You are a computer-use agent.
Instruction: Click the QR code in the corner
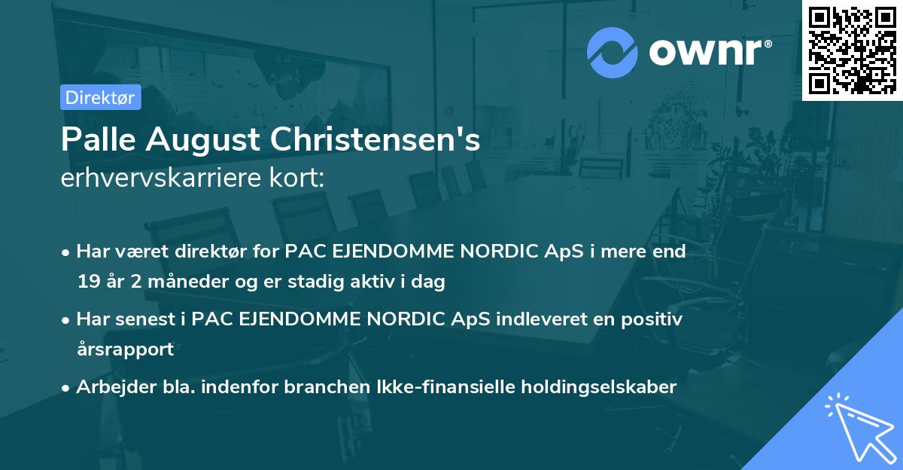pos(853,50)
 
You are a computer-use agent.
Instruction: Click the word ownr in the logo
pos(710,52)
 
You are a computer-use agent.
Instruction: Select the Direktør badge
pos(100,97)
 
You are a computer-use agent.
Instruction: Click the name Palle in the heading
pos(94,141)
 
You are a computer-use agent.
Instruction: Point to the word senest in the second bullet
pos(144,319)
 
